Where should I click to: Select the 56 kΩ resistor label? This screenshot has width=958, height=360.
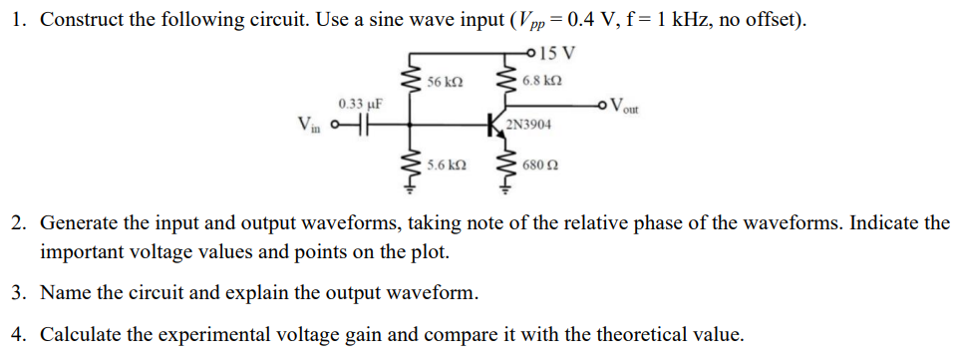(444, 81)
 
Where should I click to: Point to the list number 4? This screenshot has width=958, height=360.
(19, 334)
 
